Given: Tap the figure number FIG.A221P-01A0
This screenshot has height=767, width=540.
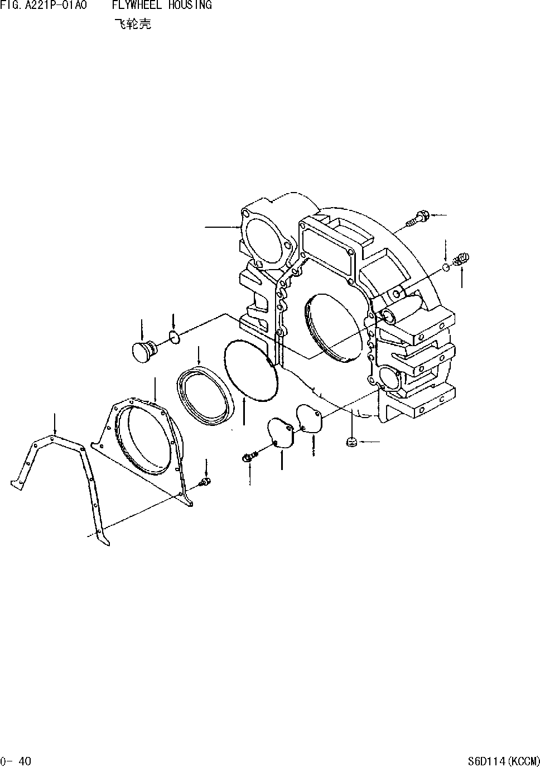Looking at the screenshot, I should tap(44, 5).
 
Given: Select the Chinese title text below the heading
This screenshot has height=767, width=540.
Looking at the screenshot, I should tap(132, 25).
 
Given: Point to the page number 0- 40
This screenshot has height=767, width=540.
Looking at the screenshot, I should tap(16, 760).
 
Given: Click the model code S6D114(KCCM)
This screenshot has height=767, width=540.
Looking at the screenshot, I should tap(504, 760).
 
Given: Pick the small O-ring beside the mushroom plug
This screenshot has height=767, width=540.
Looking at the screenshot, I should tap(174, 337).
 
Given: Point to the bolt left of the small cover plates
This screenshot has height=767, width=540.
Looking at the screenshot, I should tap(248, 457).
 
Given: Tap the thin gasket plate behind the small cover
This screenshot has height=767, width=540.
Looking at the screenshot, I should tap(310, 419).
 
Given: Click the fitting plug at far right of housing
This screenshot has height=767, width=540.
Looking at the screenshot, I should tap(462, 258).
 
